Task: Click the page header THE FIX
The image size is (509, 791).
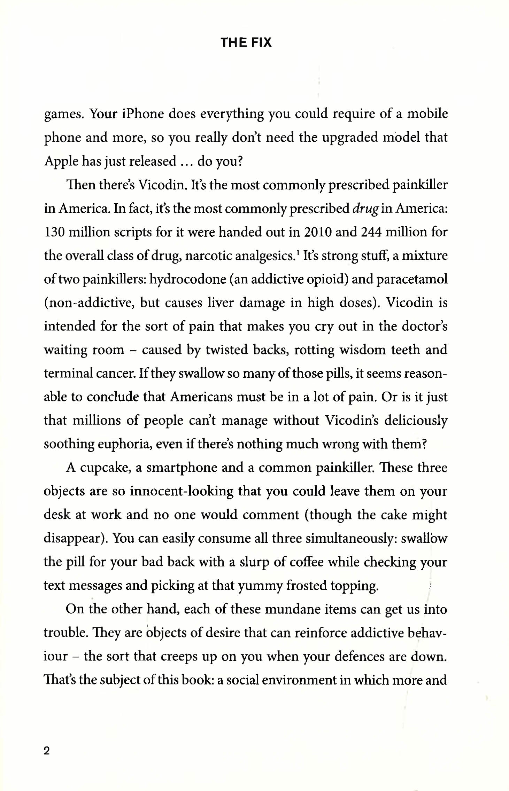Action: [246, 42]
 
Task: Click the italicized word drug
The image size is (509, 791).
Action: [365, 209]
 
